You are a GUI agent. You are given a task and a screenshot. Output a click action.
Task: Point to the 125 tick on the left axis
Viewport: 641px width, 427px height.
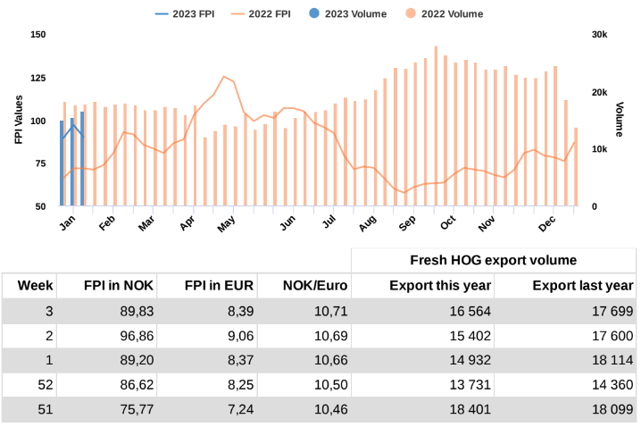[37, 78]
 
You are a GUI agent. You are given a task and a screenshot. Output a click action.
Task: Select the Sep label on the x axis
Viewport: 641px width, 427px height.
[407, 221]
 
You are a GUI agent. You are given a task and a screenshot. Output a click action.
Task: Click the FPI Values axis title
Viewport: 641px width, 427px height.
[18, 120]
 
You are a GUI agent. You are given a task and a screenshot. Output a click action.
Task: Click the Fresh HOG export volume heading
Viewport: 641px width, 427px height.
[493, 260]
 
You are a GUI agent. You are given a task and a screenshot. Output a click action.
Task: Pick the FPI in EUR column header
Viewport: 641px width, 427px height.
[219, 286]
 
